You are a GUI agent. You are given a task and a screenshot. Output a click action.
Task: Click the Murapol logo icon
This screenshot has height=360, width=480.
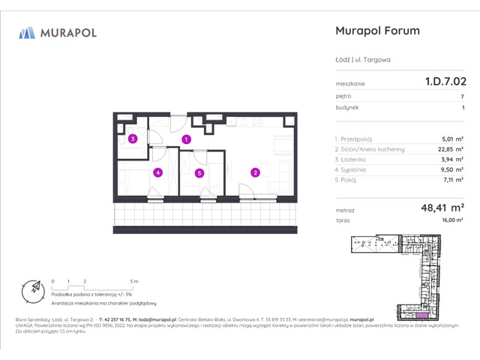click(28, 32)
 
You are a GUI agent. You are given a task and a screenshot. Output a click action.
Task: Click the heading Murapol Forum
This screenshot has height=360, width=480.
click(376, 31)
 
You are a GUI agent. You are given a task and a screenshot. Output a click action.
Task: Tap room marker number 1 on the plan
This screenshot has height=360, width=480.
click(187, 139)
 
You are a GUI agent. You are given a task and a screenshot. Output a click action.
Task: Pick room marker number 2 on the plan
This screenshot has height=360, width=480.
click(255, 172)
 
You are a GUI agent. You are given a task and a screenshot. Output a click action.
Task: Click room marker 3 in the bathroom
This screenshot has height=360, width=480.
click(132, 139)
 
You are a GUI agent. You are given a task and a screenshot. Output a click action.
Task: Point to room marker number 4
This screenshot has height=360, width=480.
click(157, 172)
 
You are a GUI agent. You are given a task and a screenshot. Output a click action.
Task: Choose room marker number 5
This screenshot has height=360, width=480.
click(199, 172)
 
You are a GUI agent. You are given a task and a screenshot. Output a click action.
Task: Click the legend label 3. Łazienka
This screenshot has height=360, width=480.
click(351, 160)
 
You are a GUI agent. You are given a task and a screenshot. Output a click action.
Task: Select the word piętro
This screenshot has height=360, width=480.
click(343, 97)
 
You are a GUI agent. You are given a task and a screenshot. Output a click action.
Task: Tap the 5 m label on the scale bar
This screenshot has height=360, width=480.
click(133, 280)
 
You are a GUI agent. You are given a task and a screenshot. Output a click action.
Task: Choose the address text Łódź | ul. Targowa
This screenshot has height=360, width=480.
click(362, 58)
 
